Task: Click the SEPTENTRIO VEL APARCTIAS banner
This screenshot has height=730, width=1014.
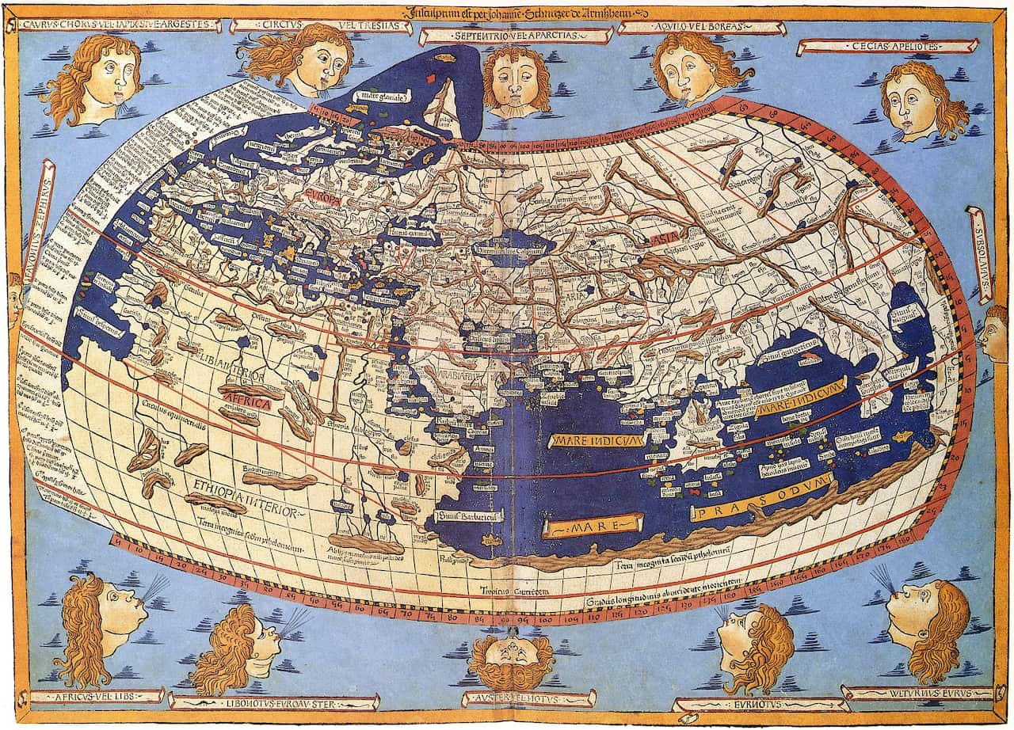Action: point(515,36)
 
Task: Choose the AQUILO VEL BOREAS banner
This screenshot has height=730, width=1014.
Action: point(690,27)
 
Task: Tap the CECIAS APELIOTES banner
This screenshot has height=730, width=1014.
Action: point(887,47)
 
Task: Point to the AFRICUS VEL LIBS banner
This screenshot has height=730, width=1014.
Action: point(95,697)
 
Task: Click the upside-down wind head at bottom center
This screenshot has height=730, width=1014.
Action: point(511,660)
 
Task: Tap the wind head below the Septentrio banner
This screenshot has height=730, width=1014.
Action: point(516,82)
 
